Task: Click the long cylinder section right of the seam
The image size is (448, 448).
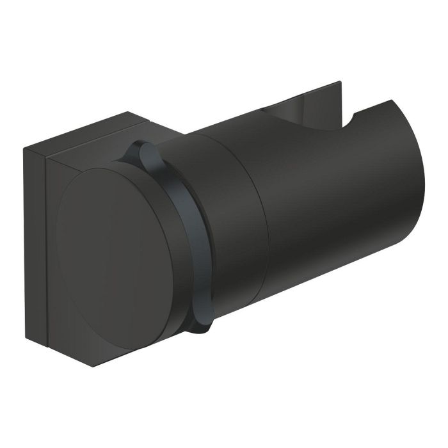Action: click(320, 211)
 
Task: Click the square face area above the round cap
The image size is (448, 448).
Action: click(90, 160)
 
